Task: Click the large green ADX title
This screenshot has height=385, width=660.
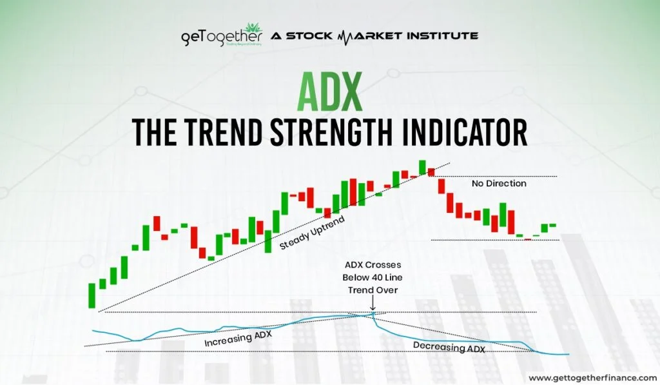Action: click(x=329, y=92)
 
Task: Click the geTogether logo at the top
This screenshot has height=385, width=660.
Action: click(x=222, y=35)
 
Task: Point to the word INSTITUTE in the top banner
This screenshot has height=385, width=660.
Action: click(x=442, y=36)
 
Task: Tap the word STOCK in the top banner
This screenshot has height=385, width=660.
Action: click(x=309, y=36)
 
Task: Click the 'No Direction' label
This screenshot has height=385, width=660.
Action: click(x=499, y=183)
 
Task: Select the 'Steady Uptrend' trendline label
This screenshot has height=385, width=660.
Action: click(x=312, y=233)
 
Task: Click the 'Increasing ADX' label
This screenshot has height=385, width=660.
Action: click(x=238, y=338)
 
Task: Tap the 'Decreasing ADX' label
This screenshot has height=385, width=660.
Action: click(x=449, y=347)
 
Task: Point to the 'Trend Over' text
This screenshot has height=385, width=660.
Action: click(x=373, y=290)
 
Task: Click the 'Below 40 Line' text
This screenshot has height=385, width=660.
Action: click(x=372, y=277)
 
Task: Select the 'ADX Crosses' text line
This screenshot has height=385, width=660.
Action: click(x=373, y=265)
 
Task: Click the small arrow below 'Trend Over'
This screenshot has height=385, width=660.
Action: click(x=373, y=303)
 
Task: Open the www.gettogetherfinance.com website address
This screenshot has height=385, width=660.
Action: click(x=592, y=378)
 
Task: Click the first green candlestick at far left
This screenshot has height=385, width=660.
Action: click(x=92, y=296)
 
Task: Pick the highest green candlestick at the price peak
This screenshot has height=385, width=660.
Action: click(x=422, y=167)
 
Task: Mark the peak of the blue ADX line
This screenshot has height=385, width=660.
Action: click(x=373, y=312)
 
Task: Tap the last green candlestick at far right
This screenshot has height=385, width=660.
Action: click(x=552, y=225)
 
